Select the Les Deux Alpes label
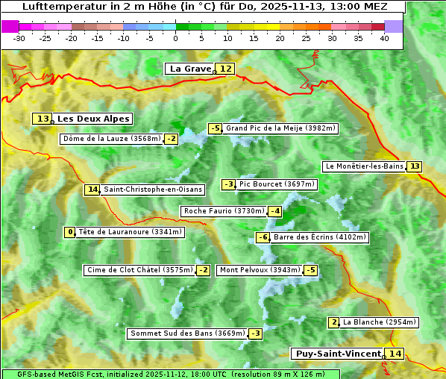93,119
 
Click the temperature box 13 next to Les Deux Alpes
43,119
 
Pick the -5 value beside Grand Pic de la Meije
216,128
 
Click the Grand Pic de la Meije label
281,128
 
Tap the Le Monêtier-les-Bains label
364,166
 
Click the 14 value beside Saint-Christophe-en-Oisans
92,189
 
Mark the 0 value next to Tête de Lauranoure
70,232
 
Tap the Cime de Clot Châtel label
139,270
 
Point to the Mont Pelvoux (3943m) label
260,270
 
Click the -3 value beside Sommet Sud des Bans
256,333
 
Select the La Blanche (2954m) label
379,322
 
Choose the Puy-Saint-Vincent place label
337,354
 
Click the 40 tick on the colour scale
384,37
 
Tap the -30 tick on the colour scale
19,37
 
